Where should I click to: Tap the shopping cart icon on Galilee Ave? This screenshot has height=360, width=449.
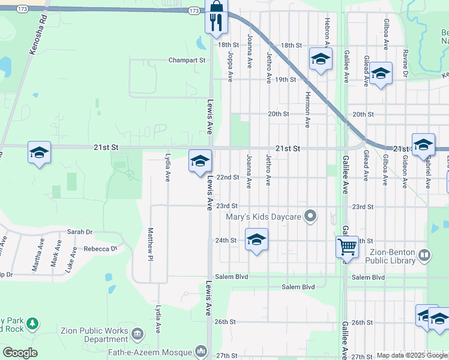point(347,245)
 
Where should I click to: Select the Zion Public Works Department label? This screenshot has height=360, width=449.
point(94,335)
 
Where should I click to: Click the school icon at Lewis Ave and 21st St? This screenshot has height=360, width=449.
point(200,160)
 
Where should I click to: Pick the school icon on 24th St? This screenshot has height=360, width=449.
point(256,239)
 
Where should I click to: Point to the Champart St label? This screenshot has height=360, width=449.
point(187,61)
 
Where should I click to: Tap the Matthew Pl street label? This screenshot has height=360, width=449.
point(149,245)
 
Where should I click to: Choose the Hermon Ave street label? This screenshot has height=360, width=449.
point(307,109)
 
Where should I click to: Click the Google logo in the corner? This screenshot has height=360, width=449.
point(20,353)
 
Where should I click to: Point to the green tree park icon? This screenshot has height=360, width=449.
point(30,324)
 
